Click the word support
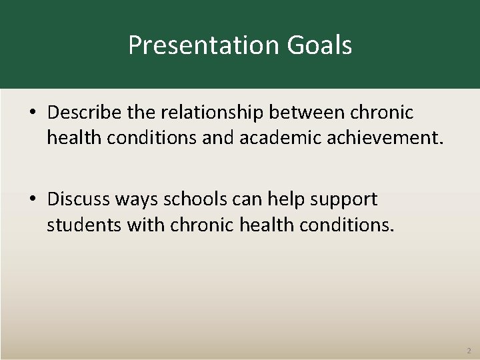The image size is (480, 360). tap(350, 199)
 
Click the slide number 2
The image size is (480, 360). tap(468, 349)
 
